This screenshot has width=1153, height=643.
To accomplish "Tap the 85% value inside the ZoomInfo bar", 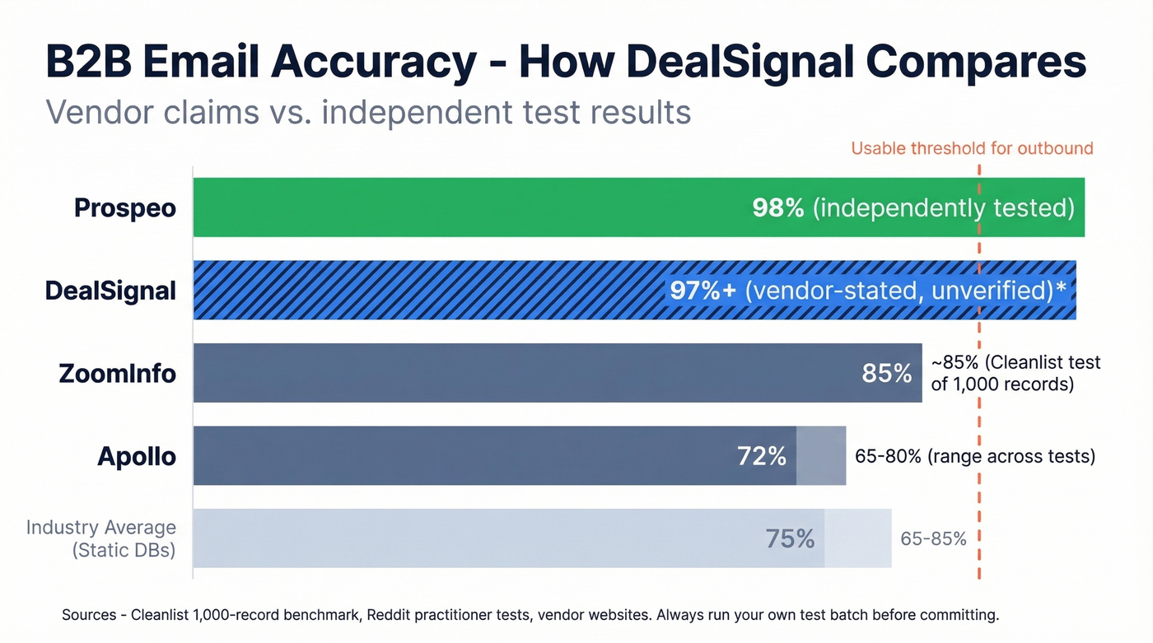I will [886, 373].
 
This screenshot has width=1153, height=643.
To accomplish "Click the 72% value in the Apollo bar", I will [762, 455].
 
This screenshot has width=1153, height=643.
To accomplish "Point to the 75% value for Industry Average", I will [790, 538].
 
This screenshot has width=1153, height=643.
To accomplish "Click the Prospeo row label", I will [125, 207].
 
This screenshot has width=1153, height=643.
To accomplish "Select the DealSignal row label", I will [111, 290].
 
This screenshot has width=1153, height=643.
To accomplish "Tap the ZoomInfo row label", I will [118, 373].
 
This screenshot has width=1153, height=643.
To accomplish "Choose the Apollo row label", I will [137, 455].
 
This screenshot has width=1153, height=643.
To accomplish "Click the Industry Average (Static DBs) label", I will [101, 538].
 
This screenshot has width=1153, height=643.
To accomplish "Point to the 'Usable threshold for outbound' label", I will [972, 148].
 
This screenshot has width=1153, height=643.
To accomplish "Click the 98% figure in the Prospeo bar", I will [777, 207].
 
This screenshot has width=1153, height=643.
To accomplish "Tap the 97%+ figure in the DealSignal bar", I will [703, 290].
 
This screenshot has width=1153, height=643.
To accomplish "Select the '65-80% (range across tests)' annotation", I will [975, 456].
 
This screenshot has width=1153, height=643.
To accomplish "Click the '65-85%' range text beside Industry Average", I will [933, 539].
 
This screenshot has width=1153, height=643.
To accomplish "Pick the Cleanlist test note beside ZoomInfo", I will [1015, 373].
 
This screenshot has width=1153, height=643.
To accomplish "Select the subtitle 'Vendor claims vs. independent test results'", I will [367, 111].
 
